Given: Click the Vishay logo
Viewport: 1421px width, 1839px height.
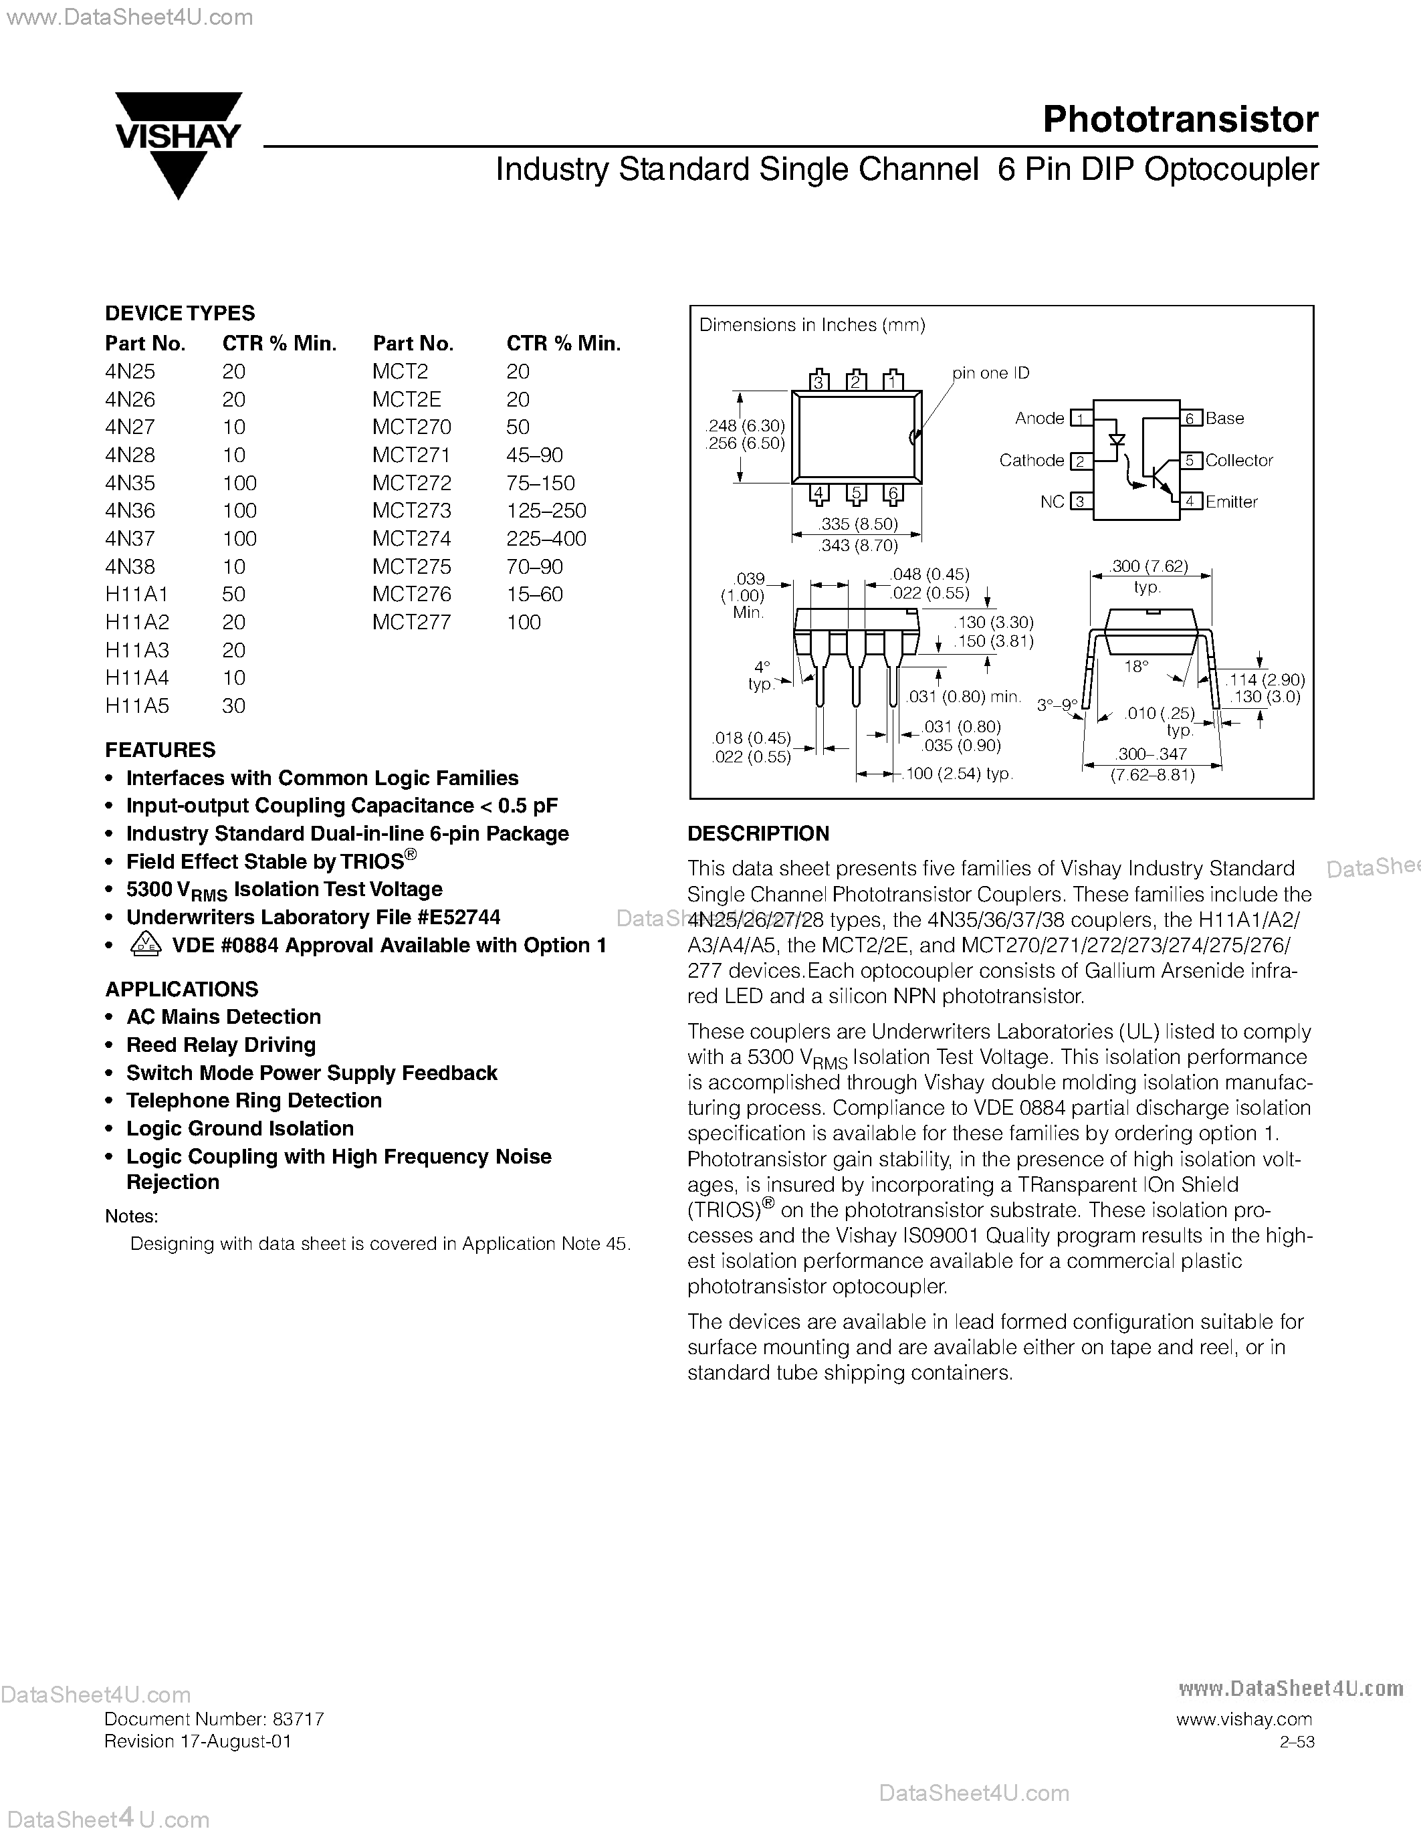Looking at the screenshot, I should tap(179, 143).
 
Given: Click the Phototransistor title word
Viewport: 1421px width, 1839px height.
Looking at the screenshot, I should tap(1180, 120).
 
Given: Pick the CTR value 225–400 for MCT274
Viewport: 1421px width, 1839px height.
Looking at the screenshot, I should tap(546, 539).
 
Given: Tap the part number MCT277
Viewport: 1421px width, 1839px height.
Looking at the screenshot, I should tap(412, 623).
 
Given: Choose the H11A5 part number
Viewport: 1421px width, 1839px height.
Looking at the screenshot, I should tap(137, 706).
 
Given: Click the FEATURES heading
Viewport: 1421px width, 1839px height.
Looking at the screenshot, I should tap(160, 750).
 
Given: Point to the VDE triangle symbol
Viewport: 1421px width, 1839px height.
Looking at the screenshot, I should tap(146, 945).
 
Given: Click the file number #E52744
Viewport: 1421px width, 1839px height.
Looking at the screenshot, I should tap(459, 917).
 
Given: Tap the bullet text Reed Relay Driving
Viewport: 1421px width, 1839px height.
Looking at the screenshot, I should tap(221, 1045).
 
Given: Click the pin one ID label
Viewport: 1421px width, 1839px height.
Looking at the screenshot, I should tap(991, 373).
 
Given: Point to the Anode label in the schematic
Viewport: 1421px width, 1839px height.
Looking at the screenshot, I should tap(1040, 419).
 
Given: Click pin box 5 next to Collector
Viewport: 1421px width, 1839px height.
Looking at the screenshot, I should tap(1190, 461).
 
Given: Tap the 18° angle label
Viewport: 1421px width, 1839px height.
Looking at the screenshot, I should tap(1135, 667).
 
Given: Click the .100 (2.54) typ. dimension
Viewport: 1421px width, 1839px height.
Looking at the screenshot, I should tap(958, 774).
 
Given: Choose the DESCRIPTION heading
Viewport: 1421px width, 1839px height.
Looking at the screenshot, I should tap(758, 834).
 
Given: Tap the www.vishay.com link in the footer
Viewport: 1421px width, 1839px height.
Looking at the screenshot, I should tap(1243, 1719).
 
